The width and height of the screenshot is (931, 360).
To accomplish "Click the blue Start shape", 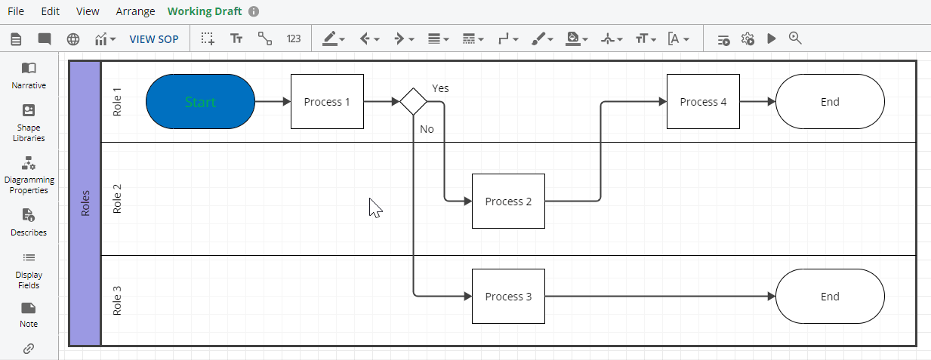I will (200, 102).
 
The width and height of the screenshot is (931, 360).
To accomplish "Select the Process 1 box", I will (327, 102).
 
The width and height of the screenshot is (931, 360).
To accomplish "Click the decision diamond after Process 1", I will (413, 102).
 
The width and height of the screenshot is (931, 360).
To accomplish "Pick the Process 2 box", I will (508, 202).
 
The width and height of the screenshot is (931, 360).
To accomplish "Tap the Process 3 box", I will (508, 297).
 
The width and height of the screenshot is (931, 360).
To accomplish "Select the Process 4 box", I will (703, 102).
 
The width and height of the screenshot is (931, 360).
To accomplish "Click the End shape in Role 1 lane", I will (830, 102).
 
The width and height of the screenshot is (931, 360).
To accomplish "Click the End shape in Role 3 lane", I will (830, 297).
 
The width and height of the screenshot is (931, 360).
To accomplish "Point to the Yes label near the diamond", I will (440, 88).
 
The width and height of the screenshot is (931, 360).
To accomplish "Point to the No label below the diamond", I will (427, 129).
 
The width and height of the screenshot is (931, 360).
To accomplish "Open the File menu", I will (16, 11).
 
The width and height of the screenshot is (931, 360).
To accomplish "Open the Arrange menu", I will (135, 11).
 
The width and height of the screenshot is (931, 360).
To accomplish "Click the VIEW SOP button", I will (154, 39).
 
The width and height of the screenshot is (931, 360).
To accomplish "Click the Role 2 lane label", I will (117, 198).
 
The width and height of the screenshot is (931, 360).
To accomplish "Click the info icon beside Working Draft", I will (254, 11).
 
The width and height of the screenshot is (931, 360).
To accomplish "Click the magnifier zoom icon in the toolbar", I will (794, 38).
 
